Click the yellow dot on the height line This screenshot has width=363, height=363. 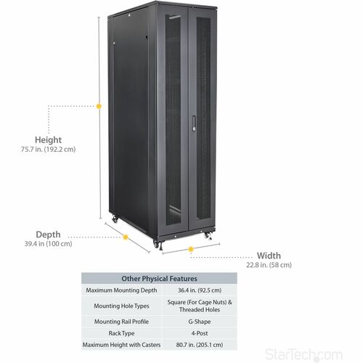(x=99, y=106)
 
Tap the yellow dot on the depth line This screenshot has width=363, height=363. (x=126, y=237)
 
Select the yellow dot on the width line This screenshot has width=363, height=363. (x=191, y=249)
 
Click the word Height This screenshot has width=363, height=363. (x=48, y=140)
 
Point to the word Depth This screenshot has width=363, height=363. (x=48, y=234)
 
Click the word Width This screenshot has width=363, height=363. (x=269, y=256)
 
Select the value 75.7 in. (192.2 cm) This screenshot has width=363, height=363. (x=48, y=150)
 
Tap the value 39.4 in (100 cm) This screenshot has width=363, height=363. (x=48, y=244)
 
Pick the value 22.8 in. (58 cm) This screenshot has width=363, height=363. (x=269, y=265)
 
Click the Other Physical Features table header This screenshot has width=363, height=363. (x=159, y=279)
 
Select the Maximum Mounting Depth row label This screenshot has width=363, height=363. (x=121, y=290)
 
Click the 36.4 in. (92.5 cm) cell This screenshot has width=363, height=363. (x=200, y=290)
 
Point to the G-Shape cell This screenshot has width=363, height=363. (x=200, y=322)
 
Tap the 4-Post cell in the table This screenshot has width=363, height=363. (x=200, y=333)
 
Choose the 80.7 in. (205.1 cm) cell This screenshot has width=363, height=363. (x=200, y=345)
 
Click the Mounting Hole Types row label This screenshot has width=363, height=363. (x=121, y=306)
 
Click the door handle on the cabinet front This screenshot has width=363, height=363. (x=194, y=123)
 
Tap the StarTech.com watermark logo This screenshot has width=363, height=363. (x=303, y=355)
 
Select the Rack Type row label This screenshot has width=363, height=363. (x=121, y=333)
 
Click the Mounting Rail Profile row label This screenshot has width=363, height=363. (x=121, y=322)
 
